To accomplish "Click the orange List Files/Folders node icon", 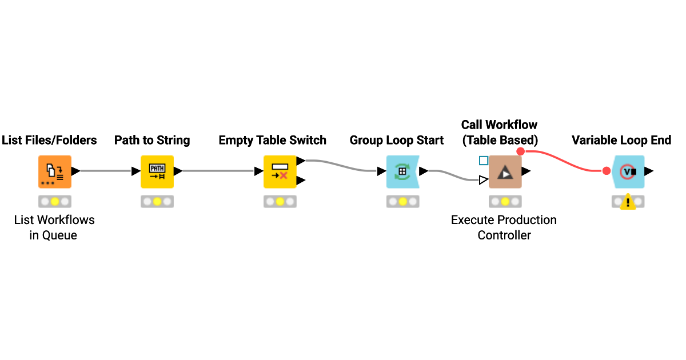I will [55, 171].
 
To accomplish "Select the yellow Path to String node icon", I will [157, 171].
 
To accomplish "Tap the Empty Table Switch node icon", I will [280, 171].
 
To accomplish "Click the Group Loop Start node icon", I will [402, 171].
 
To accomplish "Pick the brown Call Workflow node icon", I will [505, 171].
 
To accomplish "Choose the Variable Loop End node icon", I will [628, 171].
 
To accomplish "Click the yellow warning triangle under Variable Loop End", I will [628, 202].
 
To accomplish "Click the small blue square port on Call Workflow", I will [484, 161].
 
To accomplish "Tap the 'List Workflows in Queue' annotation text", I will [54, 227].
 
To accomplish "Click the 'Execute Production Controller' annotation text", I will [504, 227].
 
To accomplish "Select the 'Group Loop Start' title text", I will [397, 141].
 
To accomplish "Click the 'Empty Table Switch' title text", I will [272, 141].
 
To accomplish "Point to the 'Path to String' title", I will [152, 141].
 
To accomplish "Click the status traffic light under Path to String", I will [157, 202].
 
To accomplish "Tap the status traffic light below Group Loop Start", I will [402, 202].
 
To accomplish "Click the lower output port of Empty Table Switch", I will [301, 181].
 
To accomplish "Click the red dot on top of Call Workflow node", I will [520, 151].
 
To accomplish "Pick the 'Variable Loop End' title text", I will [621, 141].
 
